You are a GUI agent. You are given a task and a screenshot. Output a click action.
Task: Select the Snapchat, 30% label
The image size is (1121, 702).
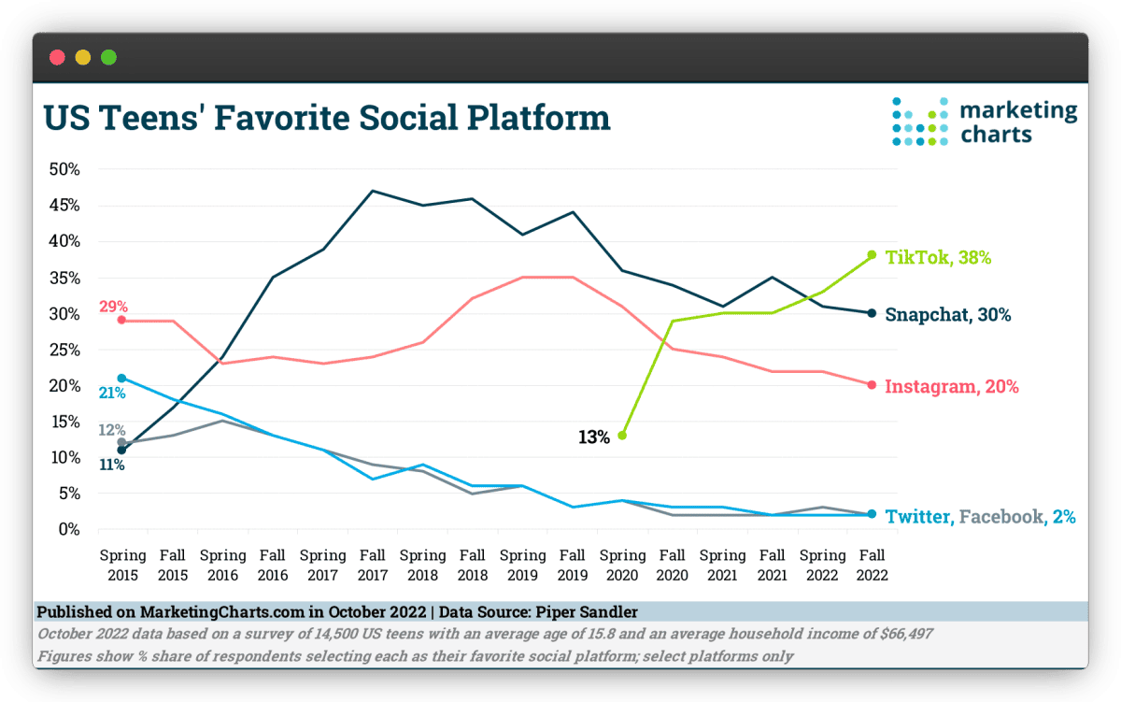947,315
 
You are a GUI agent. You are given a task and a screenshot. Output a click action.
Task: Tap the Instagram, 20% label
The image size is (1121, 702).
951,386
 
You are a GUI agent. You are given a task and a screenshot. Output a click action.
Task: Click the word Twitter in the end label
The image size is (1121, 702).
916,516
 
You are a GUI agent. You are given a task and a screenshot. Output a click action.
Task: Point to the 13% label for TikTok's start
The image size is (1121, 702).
593,437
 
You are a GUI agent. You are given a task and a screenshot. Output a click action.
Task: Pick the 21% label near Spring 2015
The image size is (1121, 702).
112,393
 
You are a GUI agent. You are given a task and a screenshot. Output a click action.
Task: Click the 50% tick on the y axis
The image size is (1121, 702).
65,169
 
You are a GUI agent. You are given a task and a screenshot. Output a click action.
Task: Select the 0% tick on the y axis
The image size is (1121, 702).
71,529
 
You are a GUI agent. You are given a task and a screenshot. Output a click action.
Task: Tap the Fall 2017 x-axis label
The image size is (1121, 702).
372,566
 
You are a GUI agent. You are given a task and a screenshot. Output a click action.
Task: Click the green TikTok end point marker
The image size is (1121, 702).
872,254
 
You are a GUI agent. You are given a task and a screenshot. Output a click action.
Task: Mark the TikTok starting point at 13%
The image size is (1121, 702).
622,435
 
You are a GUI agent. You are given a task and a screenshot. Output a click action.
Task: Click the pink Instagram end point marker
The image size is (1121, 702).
872,384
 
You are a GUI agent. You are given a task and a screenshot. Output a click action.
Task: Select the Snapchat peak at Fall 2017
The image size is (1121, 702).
372,191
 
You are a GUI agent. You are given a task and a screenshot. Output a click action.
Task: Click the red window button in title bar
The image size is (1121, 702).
57,58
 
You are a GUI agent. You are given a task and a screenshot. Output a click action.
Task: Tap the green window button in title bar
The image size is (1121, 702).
108,58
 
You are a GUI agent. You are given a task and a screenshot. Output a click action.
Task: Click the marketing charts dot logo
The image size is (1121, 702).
919,122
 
